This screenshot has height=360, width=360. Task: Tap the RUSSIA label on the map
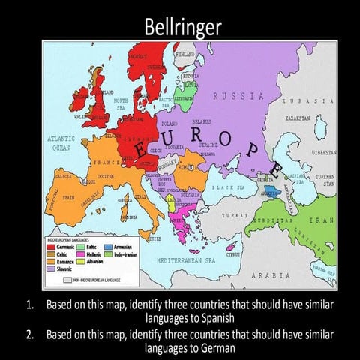[x=238, y=96]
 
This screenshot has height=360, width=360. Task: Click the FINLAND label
[x=184, y=55]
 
